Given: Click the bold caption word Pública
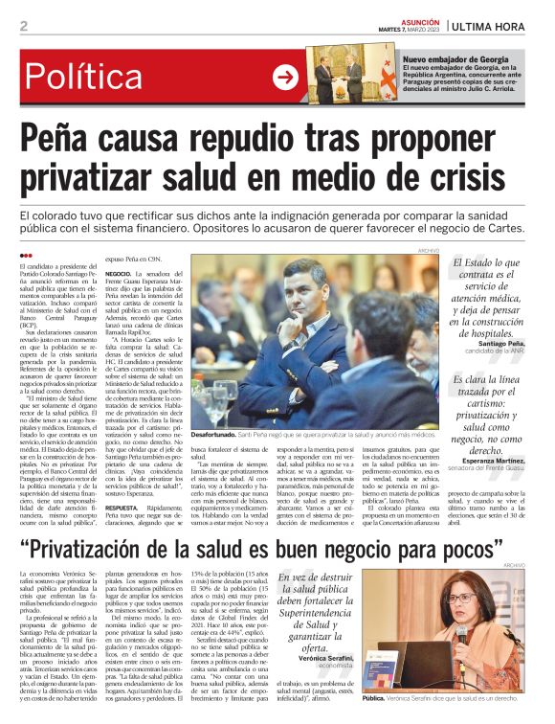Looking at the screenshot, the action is (x=376, y=700).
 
